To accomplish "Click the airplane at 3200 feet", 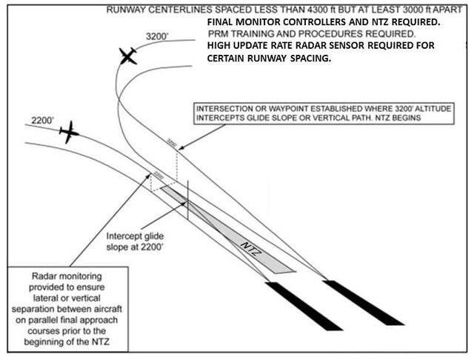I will pyautogui.click(x=127, y=56).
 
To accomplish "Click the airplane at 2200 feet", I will pyautogui.click(x=68, y=132).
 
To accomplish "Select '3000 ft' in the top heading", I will pyautogui.click(x=406, y=10).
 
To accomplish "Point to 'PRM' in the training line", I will pyautogui.click(x=219, y=34).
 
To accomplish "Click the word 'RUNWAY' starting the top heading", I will pyautogui.click(x=128, y=10).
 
